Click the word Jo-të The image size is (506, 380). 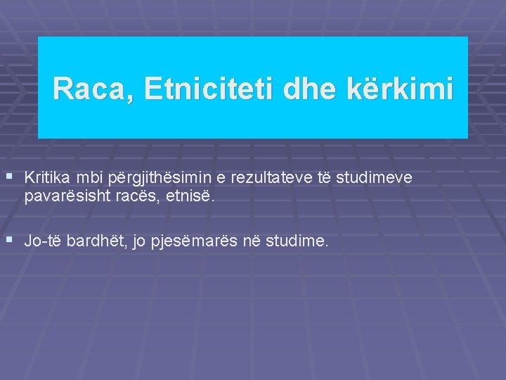[x=44, y=241]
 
